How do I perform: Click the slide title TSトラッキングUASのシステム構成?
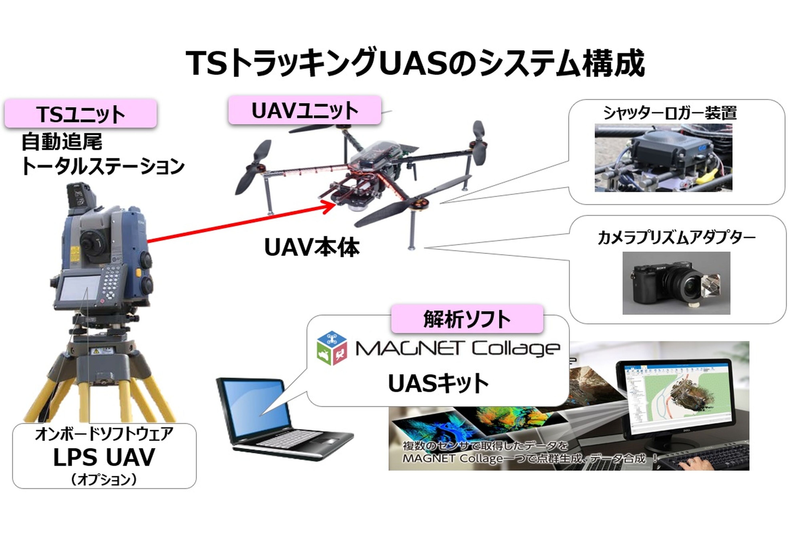[x=415, y=63]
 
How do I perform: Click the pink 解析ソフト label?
[x=467, y=319]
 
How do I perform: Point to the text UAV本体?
[x=312, y=248]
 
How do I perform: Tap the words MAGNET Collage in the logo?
[x=458, y=349]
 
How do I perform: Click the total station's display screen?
[x=79, y=288]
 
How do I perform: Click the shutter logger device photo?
[x=663, y=158]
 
